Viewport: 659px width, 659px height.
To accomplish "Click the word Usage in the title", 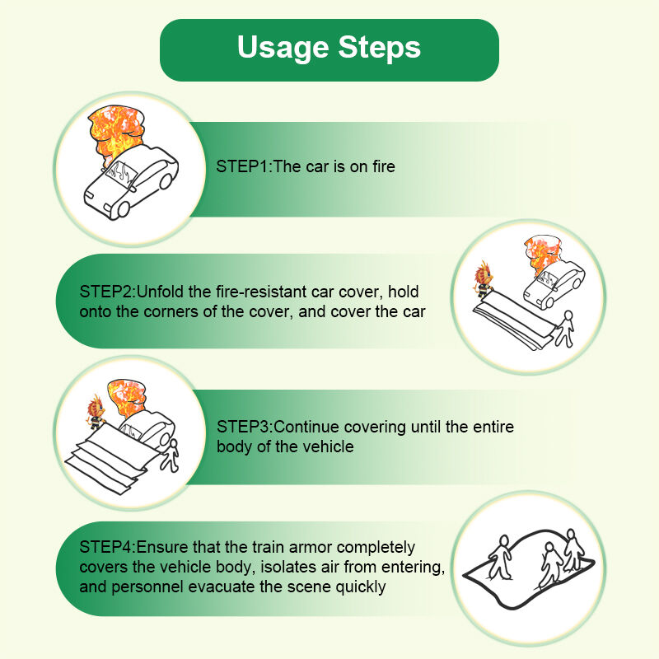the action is (283, 48).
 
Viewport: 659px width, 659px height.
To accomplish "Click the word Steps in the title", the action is (379, 48).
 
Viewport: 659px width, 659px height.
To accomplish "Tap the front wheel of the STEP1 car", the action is (123, 209).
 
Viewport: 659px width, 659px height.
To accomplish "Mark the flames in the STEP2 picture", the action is (542, 252).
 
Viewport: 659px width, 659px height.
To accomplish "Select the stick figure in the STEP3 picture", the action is (171, 456).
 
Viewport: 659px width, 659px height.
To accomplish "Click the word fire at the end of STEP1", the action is (384, 166).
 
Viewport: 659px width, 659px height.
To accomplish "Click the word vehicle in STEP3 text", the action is (328, 446).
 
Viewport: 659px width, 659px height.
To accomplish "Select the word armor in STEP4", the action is (311, 547).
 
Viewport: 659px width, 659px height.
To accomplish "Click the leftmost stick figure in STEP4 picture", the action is (500, 558).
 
